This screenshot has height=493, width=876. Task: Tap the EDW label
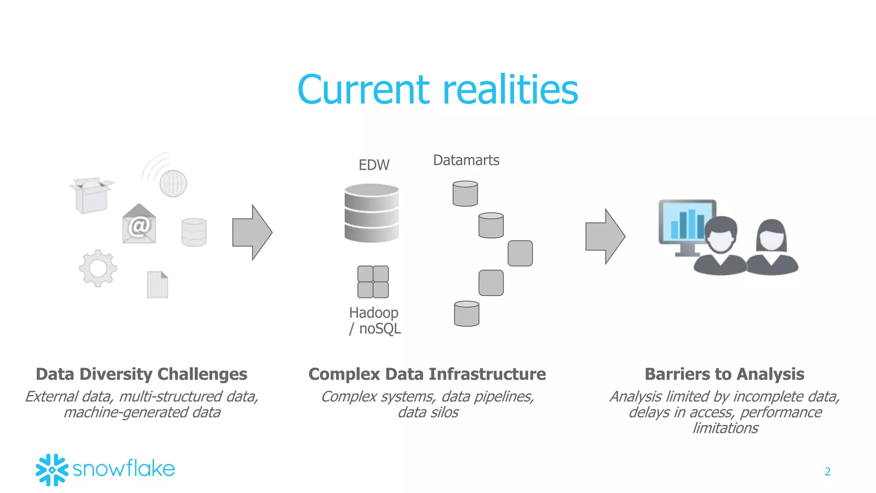coord(374,165)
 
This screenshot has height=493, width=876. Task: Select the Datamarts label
coord(466,160)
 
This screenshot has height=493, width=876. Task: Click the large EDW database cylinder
coord(372,213)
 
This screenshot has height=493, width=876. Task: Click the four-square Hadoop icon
coord(373,282)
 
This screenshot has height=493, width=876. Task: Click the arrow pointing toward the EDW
coord(252,232)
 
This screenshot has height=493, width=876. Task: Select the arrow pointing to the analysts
coord(605,236)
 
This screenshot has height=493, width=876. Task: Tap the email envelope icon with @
coord(139,225)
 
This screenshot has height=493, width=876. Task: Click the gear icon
coord(98,268)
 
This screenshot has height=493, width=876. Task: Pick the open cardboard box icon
coord(92,195)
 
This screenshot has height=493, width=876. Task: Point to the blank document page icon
coord(157,285)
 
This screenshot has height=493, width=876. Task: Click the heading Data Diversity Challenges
coord(142,374)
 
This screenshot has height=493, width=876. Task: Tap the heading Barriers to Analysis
coord(724,374)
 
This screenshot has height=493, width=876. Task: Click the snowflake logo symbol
coord(52,470)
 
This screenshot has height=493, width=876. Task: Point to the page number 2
coord(828,472)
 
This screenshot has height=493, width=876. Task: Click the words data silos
coord(428,413)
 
